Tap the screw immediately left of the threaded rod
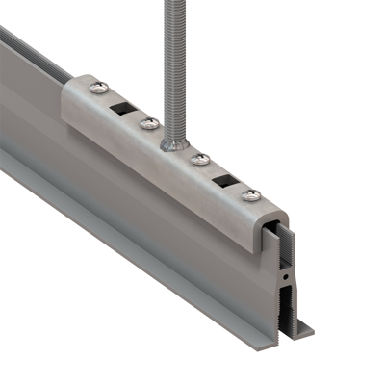tap(147, 123)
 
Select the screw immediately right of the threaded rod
tap(201, 159)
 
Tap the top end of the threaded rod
tap(173, 5)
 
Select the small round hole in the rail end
tap(288, 276)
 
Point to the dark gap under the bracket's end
tap(272, 241)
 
